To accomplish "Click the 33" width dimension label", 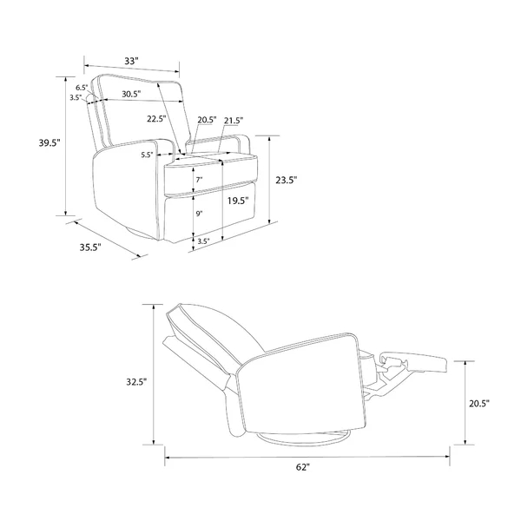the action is [x=131, y=61].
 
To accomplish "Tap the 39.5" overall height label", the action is [x=49, y=143].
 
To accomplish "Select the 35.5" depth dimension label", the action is [x=90, y=247].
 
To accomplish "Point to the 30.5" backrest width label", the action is [x=131, y=94].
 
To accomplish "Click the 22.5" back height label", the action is [x=156, y=119].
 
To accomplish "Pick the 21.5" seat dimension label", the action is [x=234, y=121].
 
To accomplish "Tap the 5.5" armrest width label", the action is [x=147, y=155].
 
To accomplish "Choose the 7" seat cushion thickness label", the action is [x=199, y=180].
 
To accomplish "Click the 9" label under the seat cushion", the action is [x=199, y=214].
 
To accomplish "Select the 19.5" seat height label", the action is [x=238, y=201].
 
